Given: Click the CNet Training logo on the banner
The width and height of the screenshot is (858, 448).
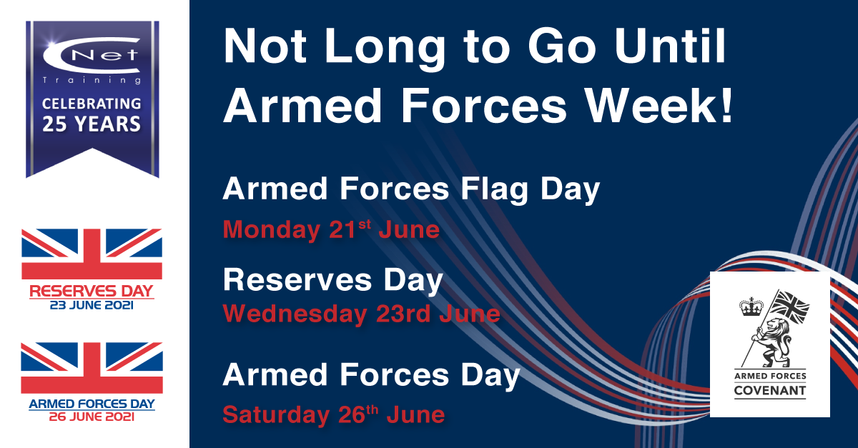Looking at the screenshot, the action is [x=92, y=61].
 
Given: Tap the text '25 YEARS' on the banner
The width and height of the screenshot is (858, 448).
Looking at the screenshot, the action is [x=92, y=124].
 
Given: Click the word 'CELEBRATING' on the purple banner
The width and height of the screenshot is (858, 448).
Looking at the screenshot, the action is [x=92, y=104].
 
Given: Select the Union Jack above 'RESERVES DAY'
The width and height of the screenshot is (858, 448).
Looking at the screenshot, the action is [x=92, y=254].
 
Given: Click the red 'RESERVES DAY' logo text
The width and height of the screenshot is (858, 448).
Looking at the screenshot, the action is [x=92, y=292].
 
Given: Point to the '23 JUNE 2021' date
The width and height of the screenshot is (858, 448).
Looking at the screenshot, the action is [x=92, y=305].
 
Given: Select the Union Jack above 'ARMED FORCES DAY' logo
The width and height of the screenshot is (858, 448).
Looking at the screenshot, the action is [x=92, y=367].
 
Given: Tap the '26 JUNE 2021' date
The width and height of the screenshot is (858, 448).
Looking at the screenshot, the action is [x=92, y=417].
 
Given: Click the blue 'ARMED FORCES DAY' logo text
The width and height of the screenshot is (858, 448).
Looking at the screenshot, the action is [x=92, y=404].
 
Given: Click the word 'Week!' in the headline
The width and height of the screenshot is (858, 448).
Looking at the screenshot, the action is [x=659, y=105].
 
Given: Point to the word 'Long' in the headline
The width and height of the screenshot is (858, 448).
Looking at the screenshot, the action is [x=385, y=49].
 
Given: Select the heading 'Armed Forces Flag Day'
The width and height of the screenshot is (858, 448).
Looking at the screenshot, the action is [x=411, y=189].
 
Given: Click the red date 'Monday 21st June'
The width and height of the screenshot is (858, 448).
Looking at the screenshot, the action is [x=331, y=229].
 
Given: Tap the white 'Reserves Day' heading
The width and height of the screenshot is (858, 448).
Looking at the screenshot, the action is [x=333, y=281].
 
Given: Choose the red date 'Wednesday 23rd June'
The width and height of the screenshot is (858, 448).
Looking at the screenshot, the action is [x=362, y=314].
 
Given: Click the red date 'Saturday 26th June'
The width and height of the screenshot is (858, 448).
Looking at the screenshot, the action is [x=334, y=414].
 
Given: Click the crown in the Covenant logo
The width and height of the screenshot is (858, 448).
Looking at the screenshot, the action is [x=751, y=307].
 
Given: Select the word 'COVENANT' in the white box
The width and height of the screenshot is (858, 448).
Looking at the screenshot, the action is [x=770, y=391].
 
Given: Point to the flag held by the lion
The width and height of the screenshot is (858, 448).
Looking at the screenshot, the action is [x=790, y=307].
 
